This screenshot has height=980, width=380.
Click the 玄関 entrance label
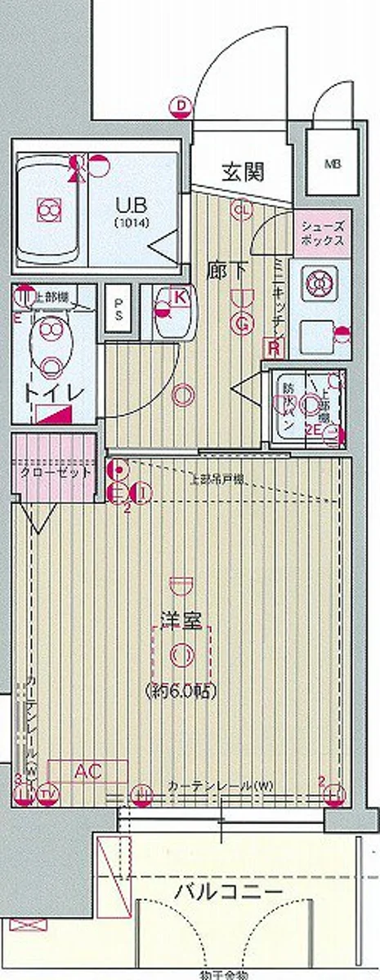(x=242, y=171)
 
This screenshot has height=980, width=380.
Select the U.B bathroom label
(x=131, y=207)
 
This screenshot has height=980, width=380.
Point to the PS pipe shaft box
(x=118, y=309)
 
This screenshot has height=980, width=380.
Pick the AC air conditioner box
(x=87, y=770)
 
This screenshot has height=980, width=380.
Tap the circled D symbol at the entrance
(x=181, y=105)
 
